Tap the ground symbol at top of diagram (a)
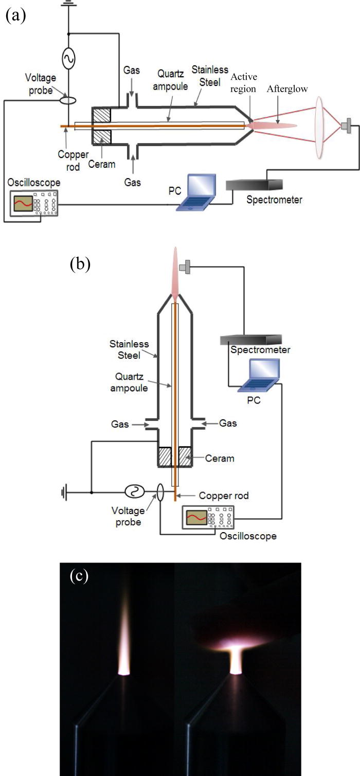coord(69,4)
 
